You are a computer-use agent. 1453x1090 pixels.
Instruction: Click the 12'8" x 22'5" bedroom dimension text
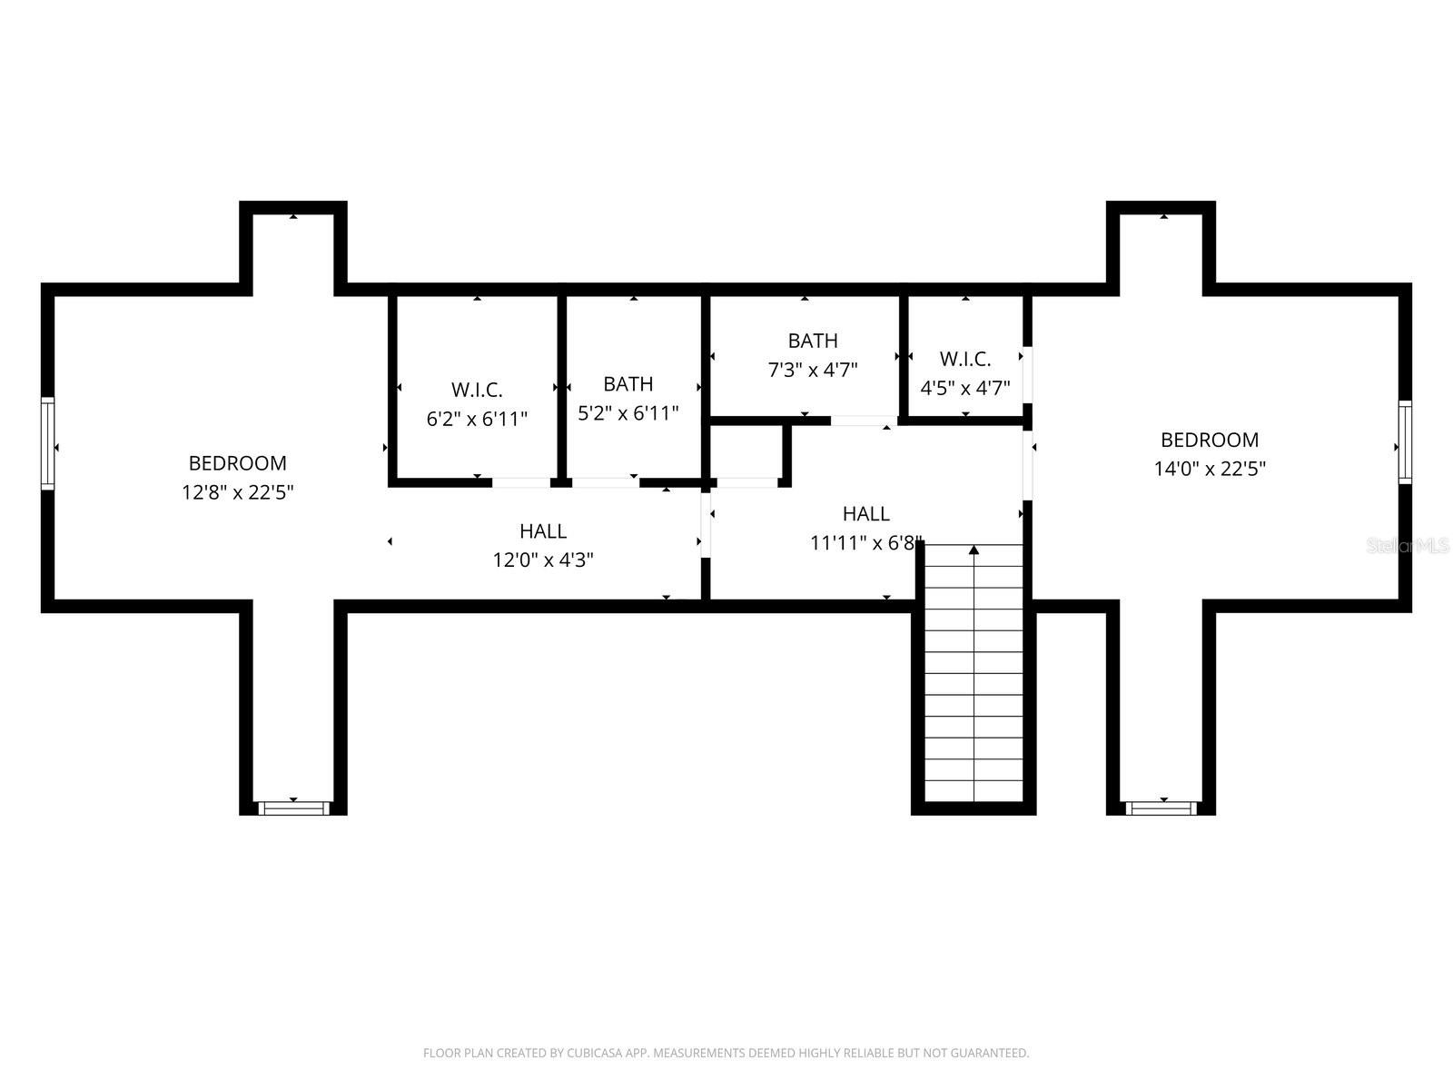[238, 492]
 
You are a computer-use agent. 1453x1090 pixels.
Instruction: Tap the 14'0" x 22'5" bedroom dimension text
[1210, 469]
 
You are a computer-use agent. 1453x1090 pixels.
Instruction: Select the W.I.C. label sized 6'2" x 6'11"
[477, 389]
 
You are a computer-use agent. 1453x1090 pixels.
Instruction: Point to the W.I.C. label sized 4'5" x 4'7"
[965, 359]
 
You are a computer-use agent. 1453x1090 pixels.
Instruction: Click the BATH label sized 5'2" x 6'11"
[628, 384]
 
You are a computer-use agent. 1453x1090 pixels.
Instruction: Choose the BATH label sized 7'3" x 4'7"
[813, 340]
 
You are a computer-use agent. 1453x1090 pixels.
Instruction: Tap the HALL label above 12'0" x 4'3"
[543, 530]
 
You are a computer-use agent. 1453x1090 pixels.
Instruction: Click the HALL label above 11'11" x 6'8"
[865, 513]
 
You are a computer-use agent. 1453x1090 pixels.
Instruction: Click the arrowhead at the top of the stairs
[974, 550]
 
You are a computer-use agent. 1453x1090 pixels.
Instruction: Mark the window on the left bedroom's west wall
[47, 443]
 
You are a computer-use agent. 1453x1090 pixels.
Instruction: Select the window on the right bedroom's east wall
[1405, 442]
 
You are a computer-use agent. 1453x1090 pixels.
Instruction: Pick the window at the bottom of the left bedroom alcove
[293, 808]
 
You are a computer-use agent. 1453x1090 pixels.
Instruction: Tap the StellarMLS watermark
[1408, 546]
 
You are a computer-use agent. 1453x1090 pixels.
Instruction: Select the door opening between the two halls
[706, 526]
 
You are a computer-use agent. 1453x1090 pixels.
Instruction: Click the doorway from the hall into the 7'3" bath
[864, 421]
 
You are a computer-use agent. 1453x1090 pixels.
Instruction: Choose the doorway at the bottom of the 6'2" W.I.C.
[521, 482]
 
